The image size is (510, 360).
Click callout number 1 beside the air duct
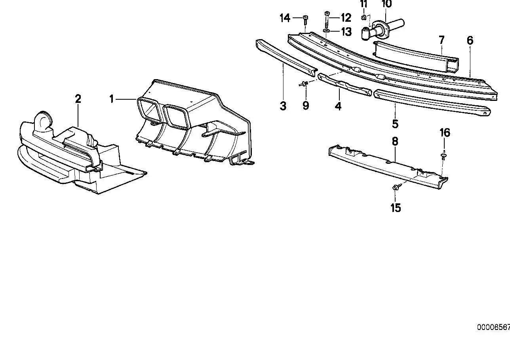click(111, 99)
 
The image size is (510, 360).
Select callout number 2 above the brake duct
click(78, 99)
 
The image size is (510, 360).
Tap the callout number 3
click(283, 106)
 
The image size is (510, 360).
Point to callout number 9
click(306, 106)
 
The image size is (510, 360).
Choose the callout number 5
click(395, 124)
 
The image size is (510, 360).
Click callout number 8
click(395, 141)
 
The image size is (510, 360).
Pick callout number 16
click(445, 133)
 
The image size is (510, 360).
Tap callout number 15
click(396, 208)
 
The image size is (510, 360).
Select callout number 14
click(285, 18)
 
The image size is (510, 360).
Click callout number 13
click(346, 32)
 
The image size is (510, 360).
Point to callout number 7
click(441, 40)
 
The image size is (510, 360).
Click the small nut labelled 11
click(364, 17)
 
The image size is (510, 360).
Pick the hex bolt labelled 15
click(396, 188)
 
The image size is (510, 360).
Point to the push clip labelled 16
click(443, 155)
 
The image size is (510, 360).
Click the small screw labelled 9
click(303, 84)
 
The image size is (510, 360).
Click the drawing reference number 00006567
click(493, 327)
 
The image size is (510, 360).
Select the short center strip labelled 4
click(345, 84)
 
